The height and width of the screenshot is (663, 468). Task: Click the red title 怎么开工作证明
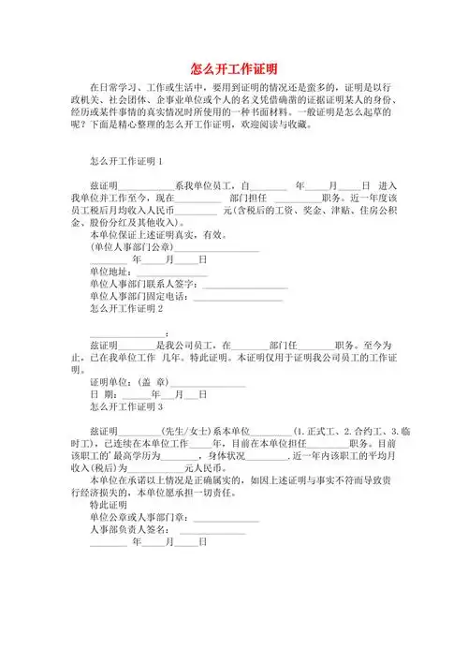233,68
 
